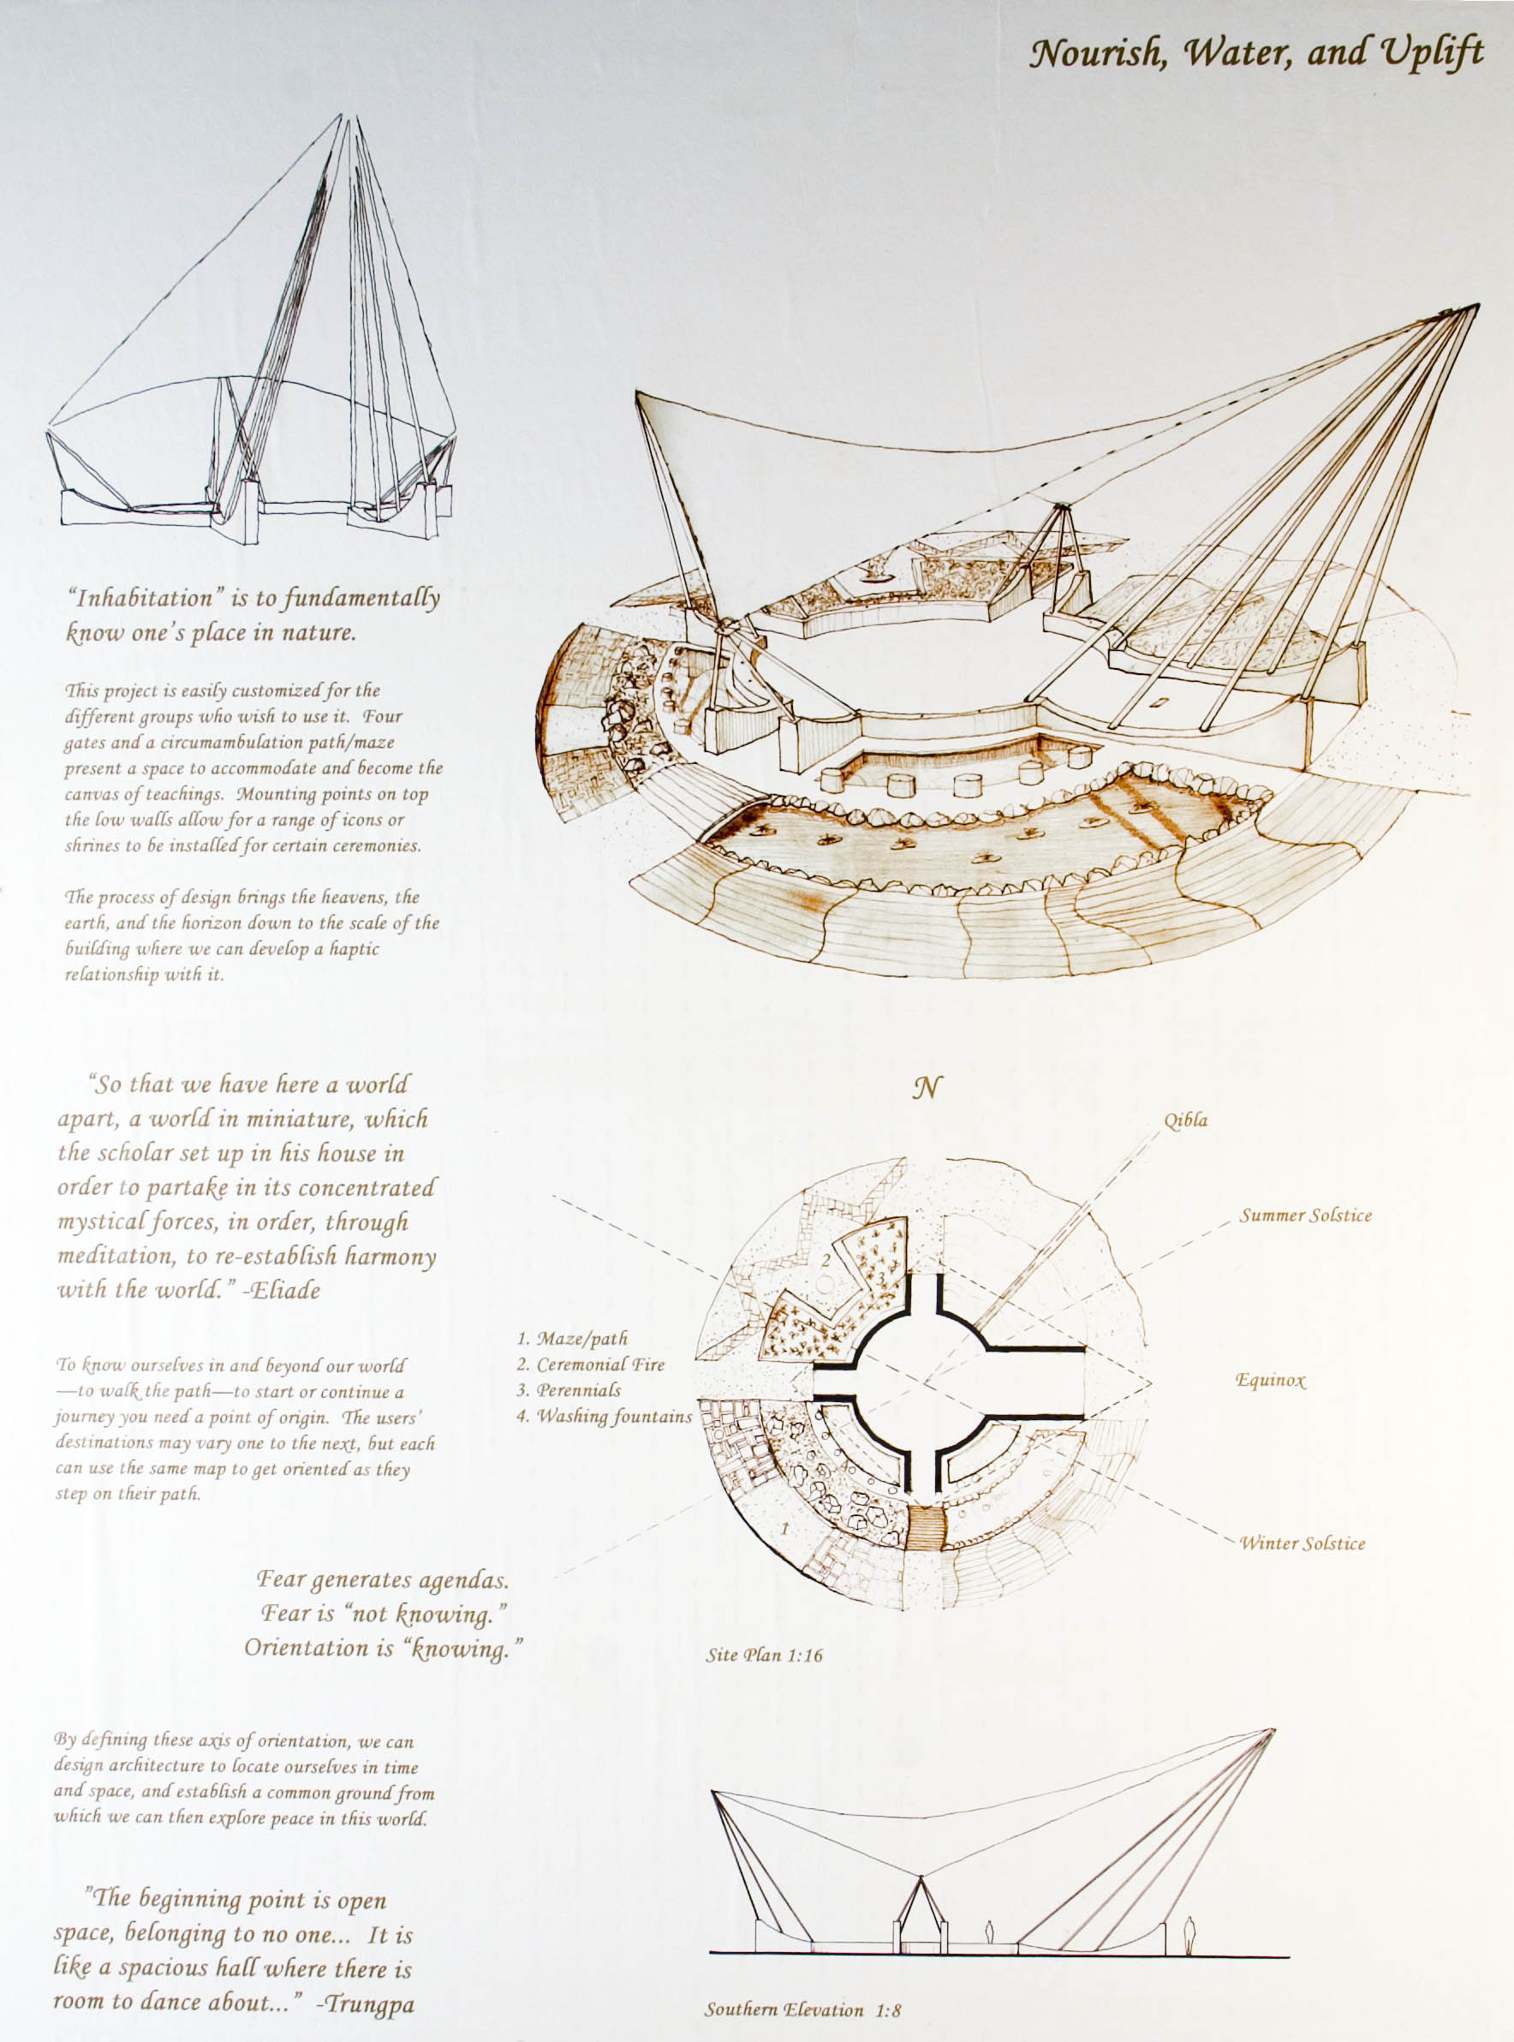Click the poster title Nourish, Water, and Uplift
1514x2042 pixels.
click(x=1256, y=54)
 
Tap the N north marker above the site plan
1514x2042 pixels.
click(x=927, y=1088)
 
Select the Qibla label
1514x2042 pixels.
click(x=1186, y=1121)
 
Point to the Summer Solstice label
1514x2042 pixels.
click(x=1306, y=1216)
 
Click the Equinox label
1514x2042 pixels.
click(x=1270, y=1380)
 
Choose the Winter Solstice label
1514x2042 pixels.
click(x=1302, y=1543)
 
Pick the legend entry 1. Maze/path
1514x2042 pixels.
click(x=573, y=1339)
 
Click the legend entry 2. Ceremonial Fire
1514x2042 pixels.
click(x=590, y=1364)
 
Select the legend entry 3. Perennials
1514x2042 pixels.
click(x=569, y=1390)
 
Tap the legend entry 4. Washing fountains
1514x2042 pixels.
click(x=604, y=1416)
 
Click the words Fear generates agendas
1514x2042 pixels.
click(x=382, y=1580)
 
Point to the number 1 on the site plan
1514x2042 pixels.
click(x=784, y=1529)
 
